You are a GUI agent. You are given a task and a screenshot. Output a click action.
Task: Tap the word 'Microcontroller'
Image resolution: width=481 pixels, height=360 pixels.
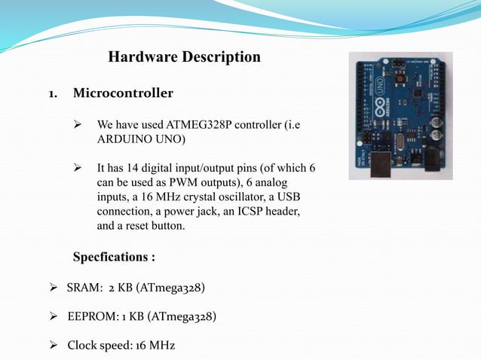pos(123,93)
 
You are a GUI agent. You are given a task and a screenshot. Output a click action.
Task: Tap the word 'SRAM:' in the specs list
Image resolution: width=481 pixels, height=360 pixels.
pos(84,288)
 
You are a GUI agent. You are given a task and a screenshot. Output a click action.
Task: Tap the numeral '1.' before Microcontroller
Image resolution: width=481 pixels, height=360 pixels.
pos(55,94)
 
